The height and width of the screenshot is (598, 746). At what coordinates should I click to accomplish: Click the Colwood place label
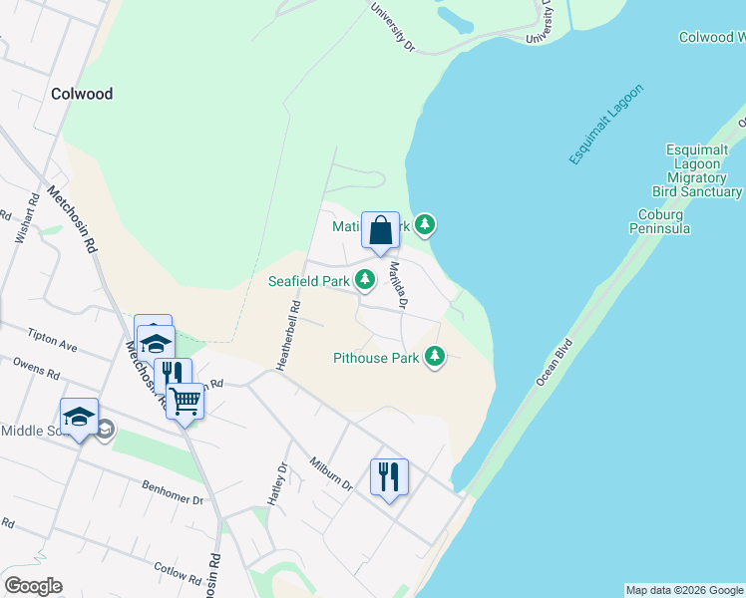coord(82,94)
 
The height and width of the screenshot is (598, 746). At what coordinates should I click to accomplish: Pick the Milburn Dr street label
coord(331,473)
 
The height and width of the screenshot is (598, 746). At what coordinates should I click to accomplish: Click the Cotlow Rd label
coord(178,577)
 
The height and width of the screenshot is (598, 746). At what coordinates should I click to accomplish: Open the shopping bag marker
coord(381,231)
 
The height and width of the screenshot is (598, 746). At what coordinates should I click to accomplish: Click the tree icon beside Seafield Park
coord(366,281)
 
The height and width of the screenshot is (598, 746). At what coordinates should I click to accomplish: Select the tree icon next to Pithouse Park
coord(434,356)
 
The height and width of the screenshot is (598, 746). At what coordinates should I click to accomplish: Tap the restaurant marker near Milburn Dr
coord(389,476)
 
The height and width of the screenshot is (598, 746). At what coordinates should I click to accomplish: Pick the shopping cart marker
coord(185,403)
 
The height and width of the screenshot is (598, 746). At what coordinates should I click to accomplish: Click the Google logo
coord(33,586)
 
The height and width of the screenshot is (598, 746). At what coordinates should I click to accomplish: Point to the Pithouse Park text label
coord(375,357)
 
